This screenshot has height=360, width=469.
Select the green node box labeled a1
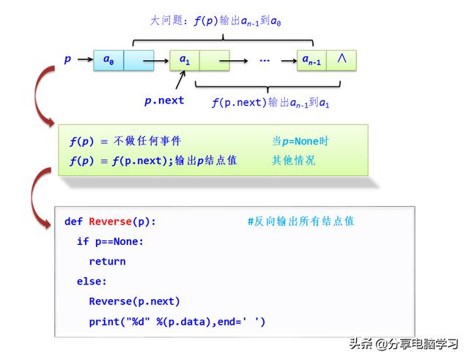[x=185, y=60]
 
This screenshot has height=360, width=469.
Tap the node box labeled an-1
[x=312, y=60]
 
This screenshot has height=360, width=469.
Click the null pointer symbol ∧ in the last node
[x=341, y=59]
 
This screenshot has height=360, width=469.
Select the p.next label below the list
[x=164, y=100]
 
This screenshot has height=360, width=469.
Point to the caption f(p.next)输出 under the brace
[x=270, y=103]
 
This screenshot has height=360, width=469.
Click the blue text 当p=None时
[x=300, y=141]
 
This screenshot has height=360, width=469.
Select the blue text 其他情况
[x=294, y=161]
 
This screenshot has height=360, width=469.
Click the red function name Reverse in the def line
[x=110, y=221]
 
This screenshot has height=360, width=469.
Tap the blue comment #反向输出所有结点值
[x=300, y=221]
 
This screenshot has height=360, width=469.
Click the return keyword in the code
[x=107, y=261]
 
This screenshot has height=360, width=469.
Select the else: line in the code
[x=92, y=281]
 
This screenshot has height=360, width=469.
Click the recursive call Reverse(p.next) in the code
[x=134, y=301]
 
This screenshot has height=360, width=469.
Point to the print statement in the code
[x=177, y=321]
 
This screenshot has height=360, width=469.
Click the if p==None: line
[x=110, y=241]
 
